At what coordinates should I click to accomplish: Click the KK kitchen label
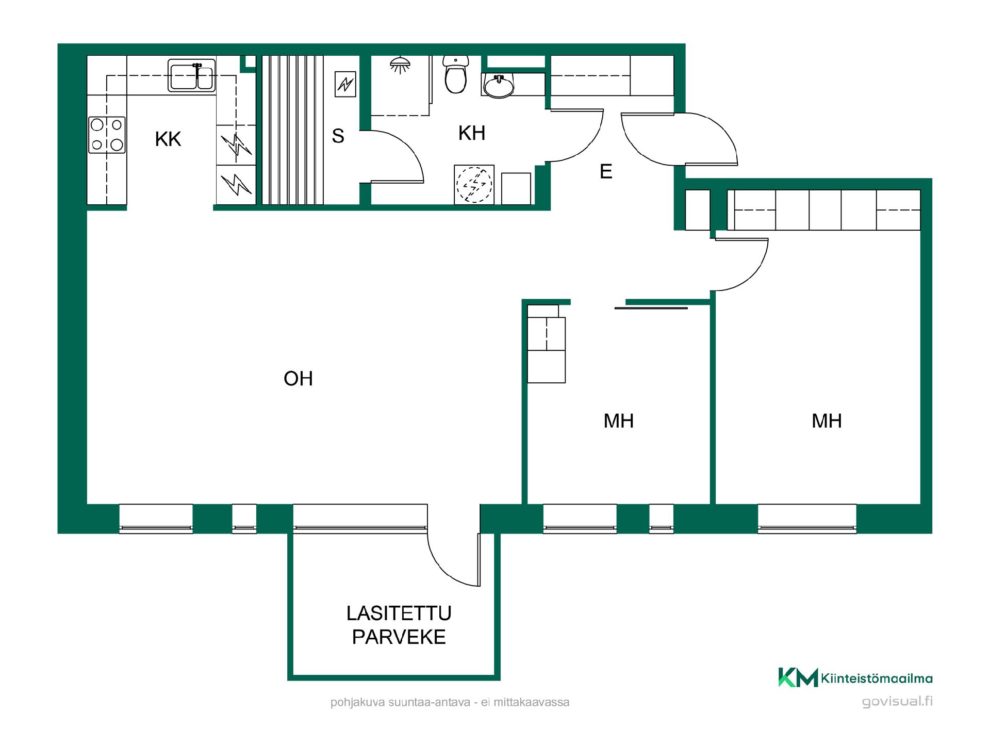tap(168, 139)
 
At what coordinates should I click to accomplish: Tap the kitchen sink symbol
tap(191, 75)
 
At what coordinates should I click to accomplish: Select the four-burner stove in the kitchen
tap(107, 135)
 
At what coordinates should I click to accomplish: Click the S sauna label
tap(338, 136)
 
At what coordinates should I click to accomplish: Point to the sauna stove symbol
tap(345, 84)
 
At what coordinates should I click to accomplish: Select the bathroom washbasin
tap(499, 85)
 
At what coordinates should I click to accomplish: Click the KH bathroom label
tap(472, 134)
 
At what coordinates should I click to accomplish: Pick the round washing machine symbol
tap(474, 185)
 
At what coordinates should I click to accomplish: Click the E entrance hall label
tap(606, 171)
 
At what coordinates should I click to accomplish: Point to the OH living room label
tap(298, 379)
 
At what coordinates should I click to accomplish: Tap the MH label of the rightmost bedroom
tap(827, 421)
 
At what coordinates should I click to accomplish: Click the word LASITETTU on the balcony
tap(399, 613)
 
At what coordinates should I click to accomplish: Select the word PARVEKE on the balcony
tap(399, 637)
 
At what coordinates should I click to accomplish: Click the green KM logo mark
tap(798, 677)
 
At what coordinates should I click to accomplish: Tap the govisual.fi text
tap(897, 702)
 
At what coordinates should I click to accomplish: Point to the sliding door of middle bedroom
tap(651, 308)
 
